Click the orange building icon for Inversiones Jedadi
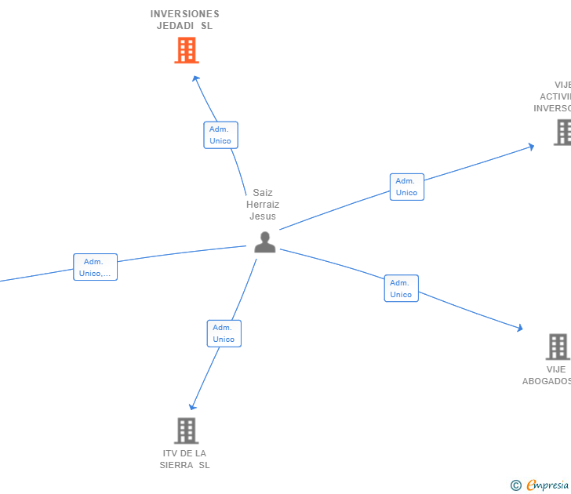pyautogui.click(x=186, y=50)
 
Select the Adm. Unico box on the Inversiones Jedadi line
pyautogui.click(x=220, y=135)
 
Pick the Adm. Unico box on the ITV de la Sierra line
pyautogui.click(x=224, y=333)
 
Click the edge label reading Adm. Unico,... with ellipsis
pyautogui.click(x=95, y=267)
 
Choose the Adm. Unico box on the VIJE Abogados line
pyautogui.click(x=401, y=289)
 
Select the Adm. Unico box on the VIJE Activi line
pyautogui.click(x=406, y=187)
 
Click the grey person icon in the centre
pyautogui.click(x=265, y=242)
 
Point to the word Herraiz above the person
pyautogui.click(x=263, y=205)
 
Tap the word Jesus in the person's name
pyautogui.click(x=263, y=216)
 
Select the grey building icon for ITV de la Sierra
pyautogui.click(x=186, y=430)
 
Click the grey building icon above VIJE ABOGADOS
pyautogui.click(x=557, y=346)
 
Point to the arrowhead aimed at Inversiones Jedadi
pyautogui.click(x=196, y=78)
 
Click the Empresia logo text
pyautogui.click(x=548, y=485)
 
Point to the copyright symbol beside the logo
pyautogui.click(x=515, y=486)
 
